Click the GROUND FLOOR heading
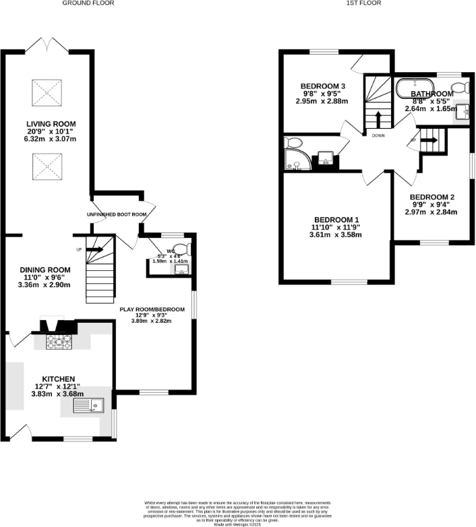tap(88, 3)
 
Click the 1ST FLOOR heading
tap(364, 3)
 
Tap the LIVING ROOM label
tap(51, 124)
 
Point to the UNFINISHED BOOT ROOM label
tap(117, 214)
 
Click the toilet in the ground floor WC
tap(188, 249)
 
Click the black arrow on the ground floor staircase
tap(94, 249)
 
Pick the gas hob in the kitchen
tap(55, 342)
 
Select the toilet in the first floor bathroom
tap(461, 87)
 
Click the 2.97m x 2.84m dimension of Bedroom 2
tap(434, 212)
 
